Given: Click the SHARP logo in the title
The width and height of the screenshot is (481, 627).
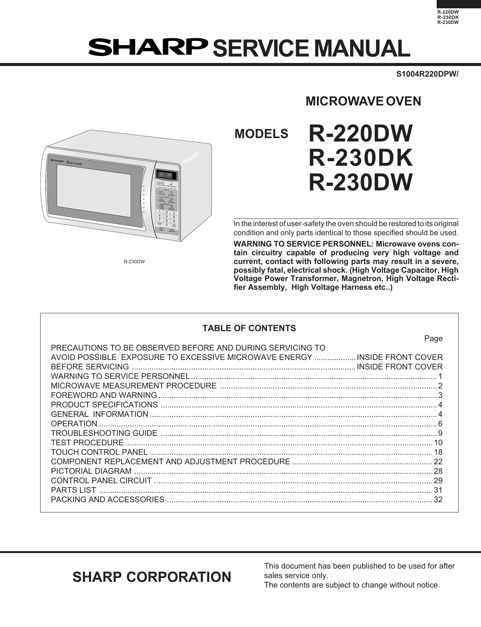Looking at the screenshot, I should click(x=148, y=47).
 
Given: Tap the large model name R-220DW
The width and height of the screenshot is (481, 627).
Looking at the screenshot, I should click(x=360, y=134).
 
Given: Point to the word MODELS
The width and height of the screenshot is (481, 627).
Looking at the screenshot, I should click(x=262, y=134).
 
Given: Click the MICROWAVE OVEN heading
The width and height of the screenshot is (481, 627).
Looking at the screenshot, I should click(x=363, y=101).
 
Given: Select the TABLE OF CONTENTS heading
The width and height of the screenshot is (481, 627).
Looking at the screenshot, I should click(x=249, y=328).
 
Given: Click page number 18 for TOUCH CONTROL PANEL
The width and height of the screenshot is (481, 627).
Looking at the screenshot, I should click(x=438, y=452).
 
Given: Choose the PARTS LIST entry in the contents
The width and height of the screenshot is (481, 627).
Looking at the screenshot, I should click(x=74, y=490).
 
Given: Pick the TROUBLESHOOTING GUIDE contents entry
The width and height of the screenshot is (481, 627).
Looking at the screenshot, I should click(x=104, y=433).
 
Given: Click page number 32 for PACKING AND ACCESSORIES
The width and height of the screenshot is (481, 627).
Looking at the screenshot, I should click(x=438, y=500).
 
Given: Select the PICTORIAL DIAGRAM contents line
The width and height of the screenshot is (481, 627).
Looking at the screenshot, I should click(x=91, y=471).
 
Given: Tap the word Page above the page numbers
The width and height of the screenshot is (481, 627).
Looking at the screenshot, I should click(x=433, y=338).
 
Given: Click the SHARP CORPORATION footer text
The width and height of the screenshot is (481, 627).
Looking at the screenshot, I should click(x=152, y=577).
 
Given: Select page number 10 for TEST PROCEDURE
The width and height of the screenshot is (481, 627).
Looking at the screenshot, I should click(x=438, y=443).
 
